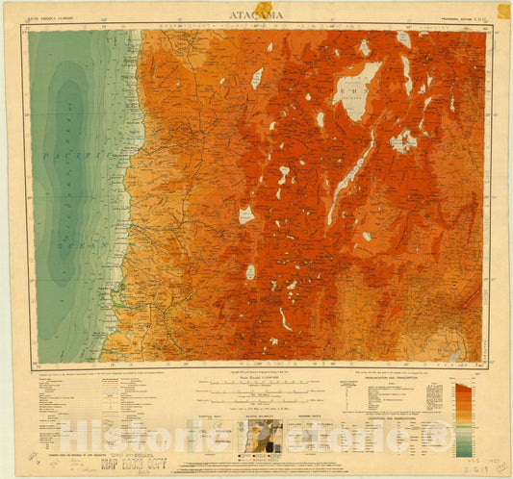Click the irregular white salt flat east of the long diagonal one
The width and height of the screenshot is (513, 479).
(403, 142)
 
